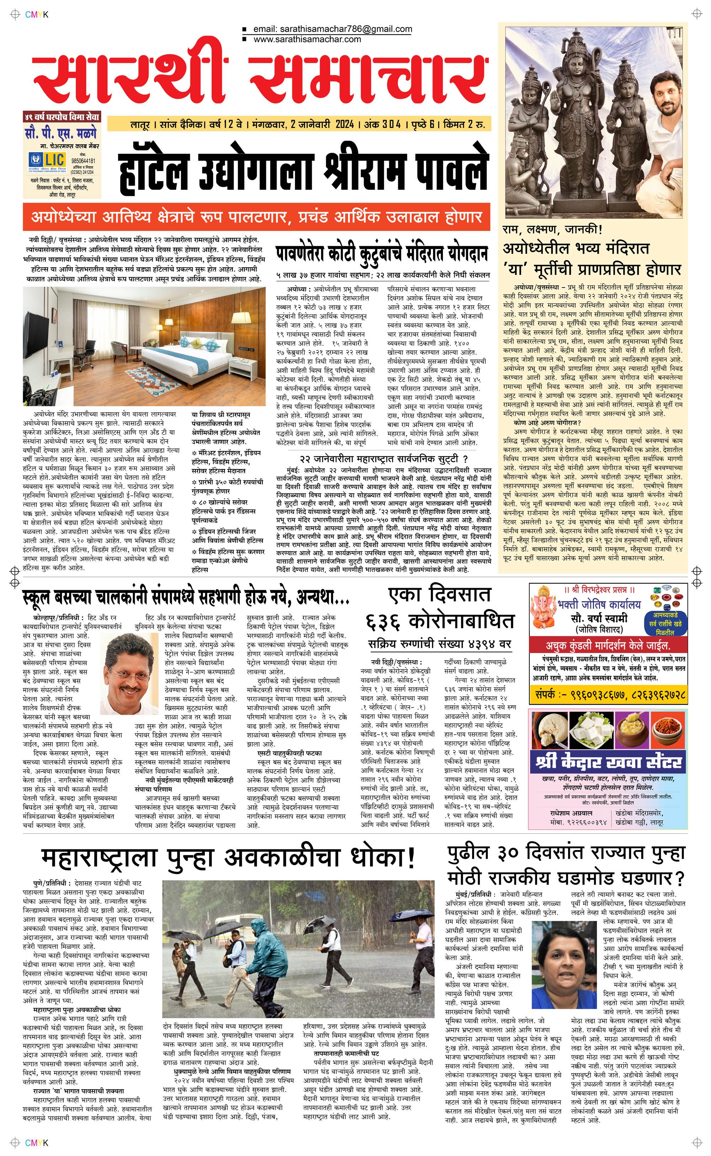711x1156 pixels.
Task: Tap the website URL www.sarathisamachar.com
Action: coord(307,39)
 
